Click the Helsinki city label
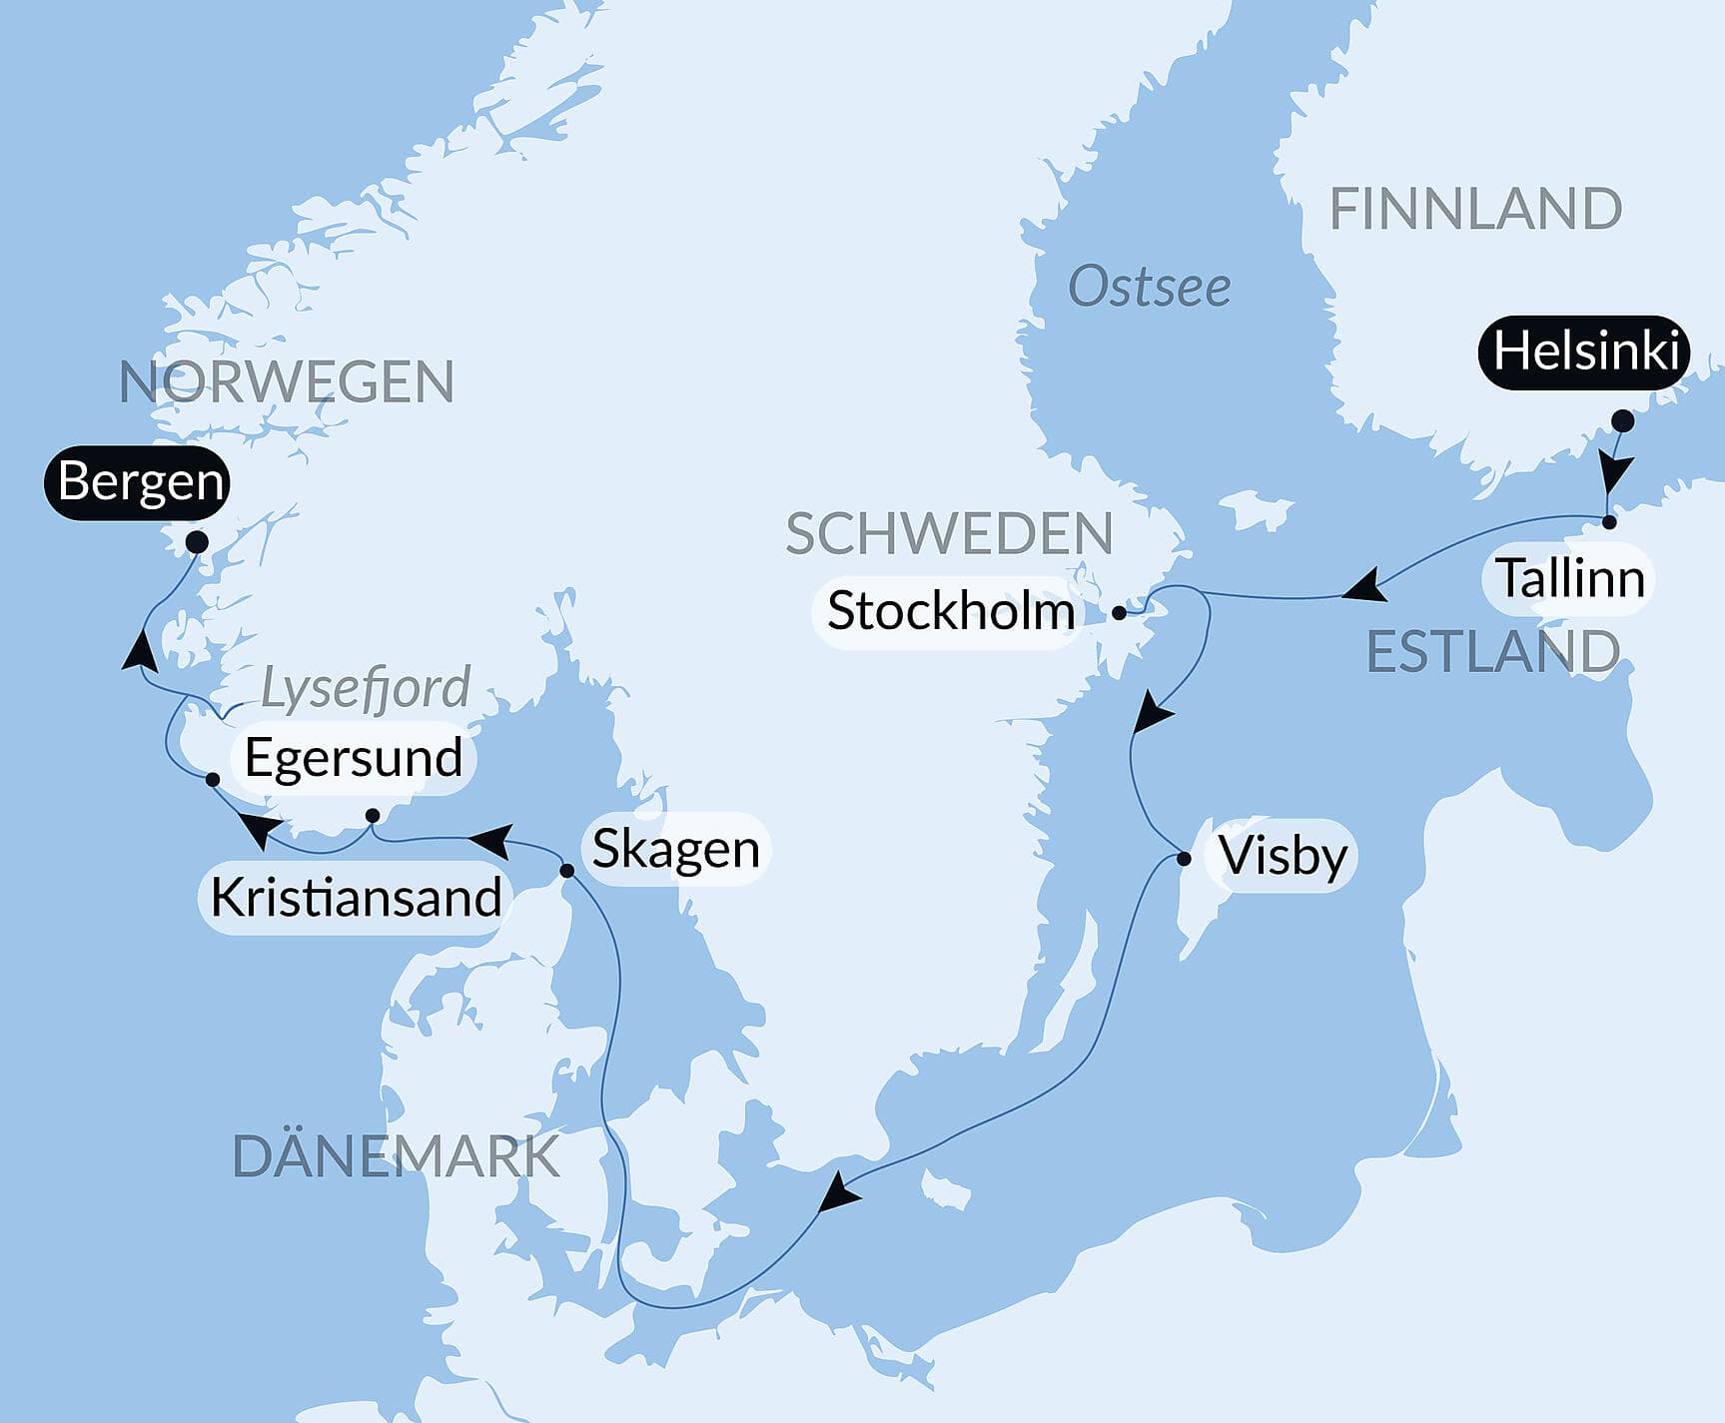pos(1584,352)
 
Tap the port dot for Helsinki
pos(1623,420)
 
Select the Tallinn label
pos(1569,578)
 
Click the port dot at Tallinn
pos(1609,522)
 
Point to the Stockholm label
pos(950,611)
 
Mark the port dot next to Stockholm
pos(1120,613)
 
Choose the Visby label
pos(1283,856)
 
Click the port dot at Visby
pos(1185,858)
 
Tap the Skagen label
pos(675,849)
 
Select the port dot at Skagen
pos(566,871)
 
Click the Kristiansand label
pos(356,898)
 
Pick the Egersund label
pos(353,757)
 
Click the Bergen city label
pos(139,481)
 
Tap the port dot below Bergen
pos(198,542)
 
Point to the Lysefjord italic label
pos(365,688)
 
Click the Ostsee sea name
pos(1149,288)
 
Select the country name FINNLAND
pos(1474,210)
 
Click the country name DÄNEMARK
pos(396,1156)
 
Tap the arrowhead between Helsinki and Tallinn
pos(1614,472)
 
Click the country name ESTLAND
pos(1492,652)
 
